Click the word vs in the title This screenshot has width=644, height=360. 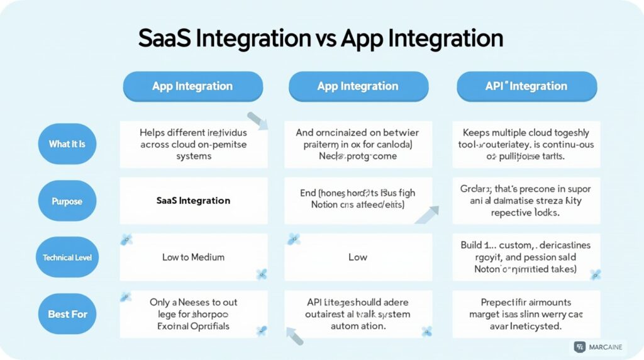coord(323,39)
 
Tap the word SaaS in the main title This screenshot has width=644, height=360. coord(164,39)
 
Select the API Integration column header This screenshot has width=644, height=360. coord(526,86)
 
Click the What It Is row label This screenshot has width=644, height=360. coord(67,144)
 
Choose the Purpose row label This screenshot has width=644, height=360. coord(67,201)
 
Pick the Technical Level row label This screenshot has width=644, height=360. coord(67,257)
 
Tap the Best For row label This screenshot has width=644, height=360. coord(67,313)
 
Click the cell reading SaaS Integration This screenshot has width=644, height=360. coord(193,201)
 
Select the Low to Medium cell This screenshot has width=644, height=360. coord(193,257)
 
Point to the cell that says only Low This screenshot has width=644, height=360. coord(358,257)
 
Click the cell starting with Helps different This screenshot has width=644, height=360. coord(193,144)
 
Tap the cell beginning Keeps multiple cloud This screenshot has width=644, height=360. coord(526,144)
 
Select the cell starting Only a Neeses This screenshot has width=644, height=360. coord(193,313)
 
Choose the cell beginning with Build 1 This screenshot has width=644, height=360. coord(526,257)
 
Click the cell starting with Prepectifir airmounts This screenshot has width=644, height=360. coord(526,313)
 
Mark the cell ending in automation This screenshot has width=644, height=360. coord(358,313)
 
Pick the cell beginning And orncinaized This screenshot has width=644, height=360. coord(358,144)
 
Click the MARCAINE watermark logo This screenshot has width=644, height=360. coord(597,347)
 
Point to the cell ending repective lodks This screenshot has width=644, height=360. coord(526,201)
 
